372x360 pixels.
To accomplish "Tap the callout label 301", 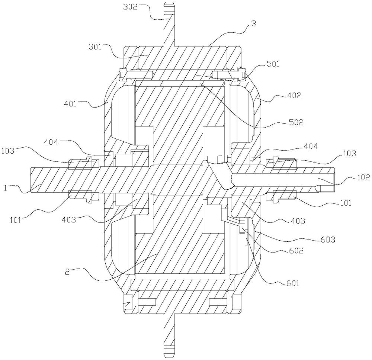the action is point(95,47).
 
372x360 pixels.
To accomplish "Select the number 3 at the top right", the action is point(254,24).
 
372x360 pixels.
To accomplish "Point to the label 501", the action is point(273,64).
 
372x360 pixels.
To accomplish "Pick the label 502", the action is point(296,122).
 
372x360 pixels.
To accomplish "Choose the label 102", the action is point(362,177).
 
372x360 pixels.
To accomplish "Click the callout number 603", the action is point(328,240).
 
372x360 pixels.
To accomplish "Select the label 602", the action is point(296,250).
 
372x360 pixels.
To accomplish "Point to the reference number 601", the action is point(292,283).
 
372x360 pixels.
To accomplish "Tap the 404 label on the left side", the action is point(51,142).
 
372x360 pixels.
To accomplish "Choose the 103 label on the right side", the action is point(349,153).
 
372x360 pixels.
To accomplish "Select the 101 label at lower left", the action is point(16,220).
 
